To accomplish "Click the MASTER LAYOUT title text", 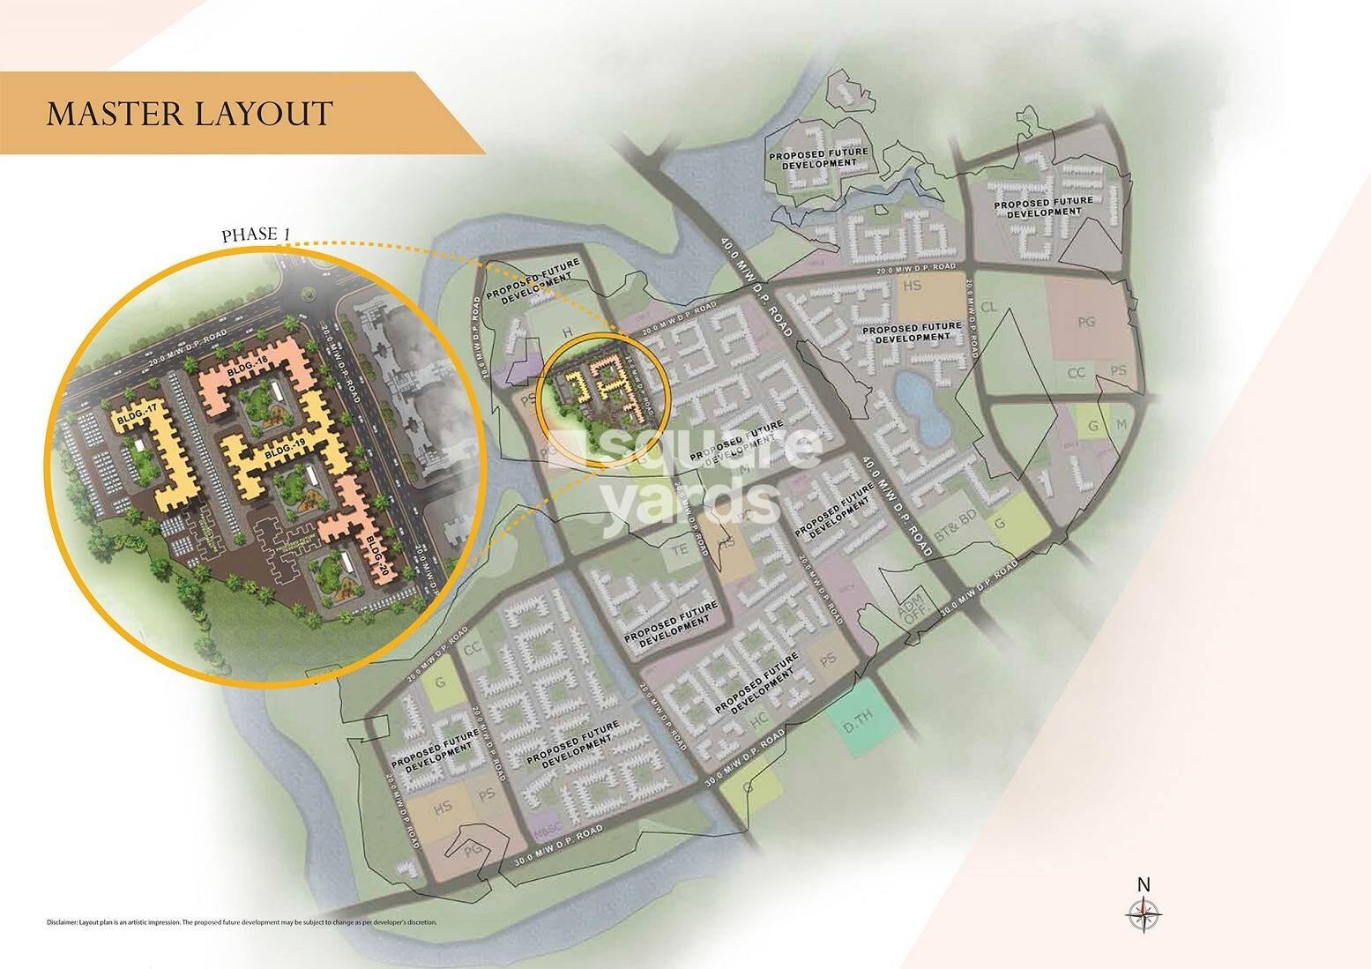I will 190,114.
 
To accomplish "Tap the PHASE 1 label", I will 256,235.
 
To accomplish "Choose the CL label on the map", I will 988,307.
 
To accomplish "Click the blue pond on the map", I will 921,405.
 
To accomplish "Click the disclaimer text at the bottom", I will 242,922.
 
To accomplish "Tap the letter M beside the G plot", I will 1121,425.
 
